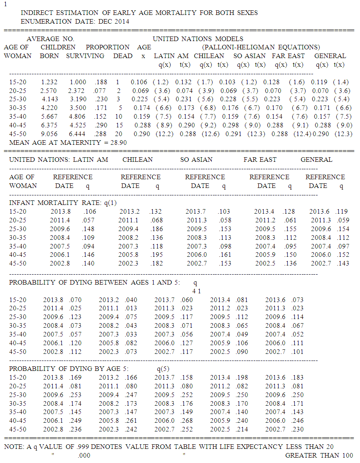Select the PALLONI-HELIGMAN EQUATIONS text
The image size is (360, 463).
(x=261, y=47)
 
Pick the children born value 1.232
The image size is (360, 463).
(x=49, y=82)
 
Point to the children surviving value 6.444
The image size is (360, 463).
(x=78, y=134)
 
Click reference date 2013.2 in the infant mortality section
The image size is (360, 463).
(x=129, y=212)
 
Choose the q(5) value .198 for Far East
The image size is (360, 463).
(x=242, y=378)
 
